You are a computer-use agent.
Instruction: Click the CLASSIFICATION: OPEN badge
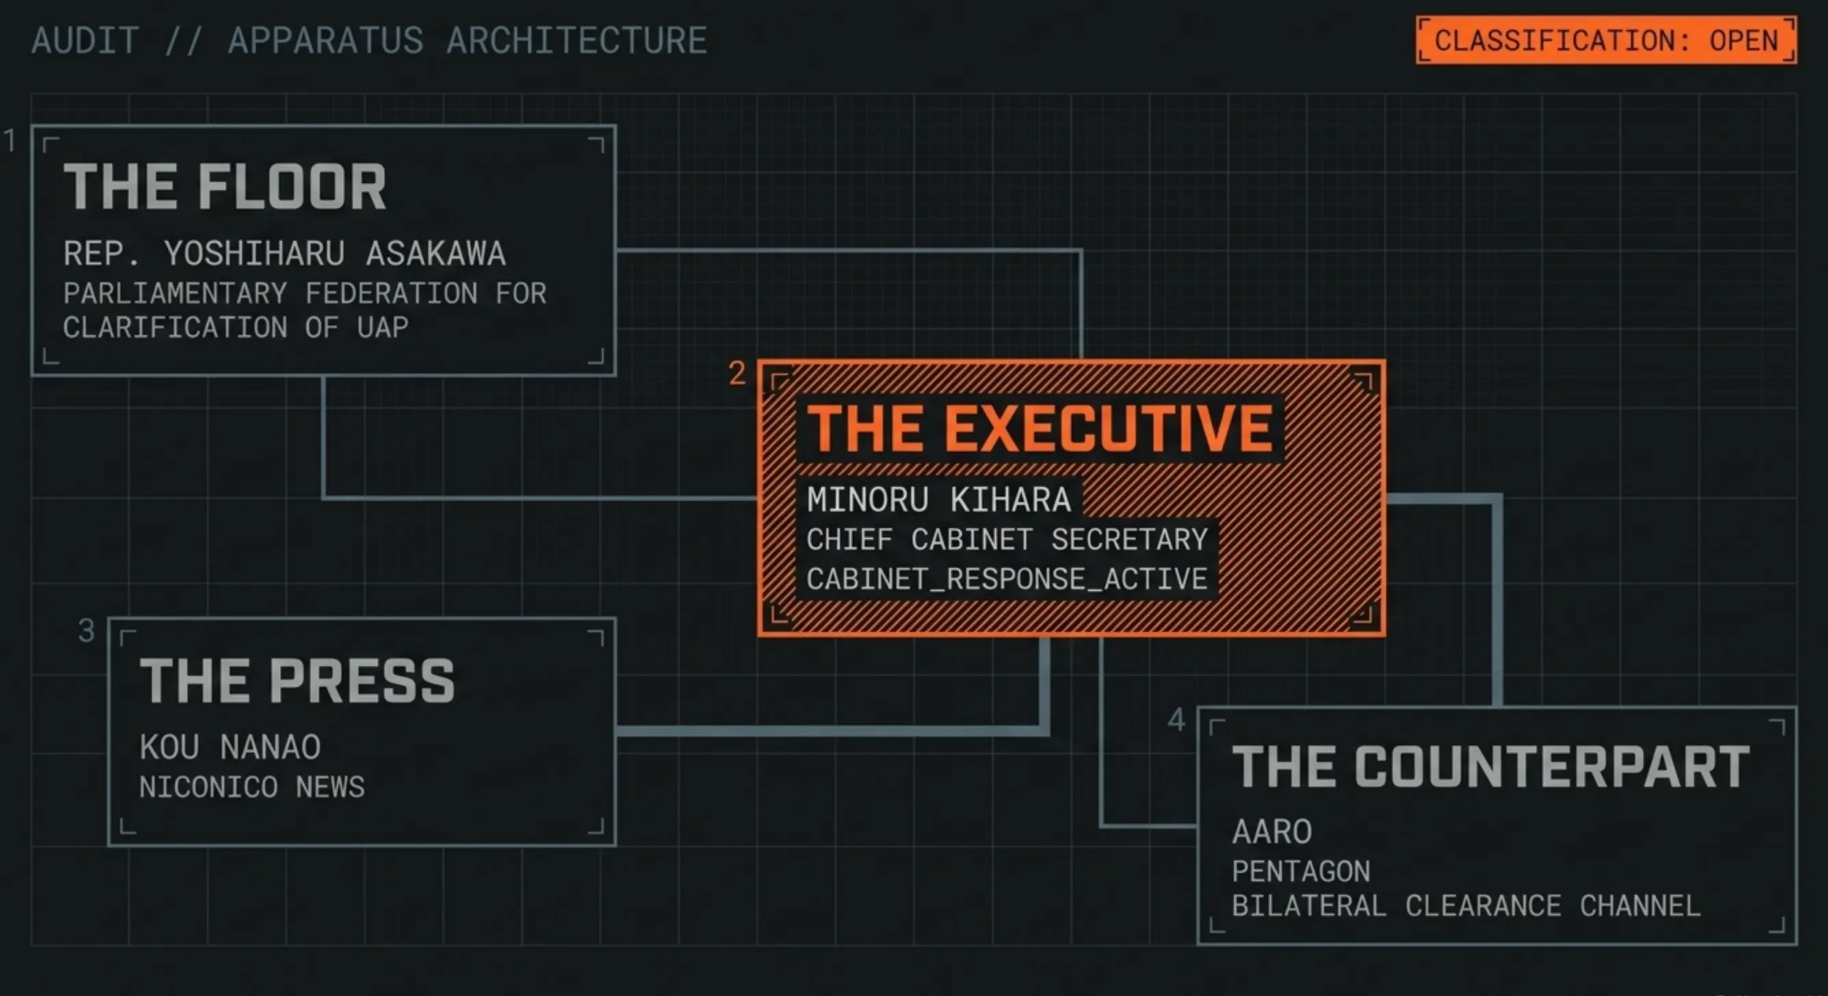click(x=1606, y=40)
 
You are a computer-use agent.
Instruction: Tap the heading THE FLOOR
click(x=225, y=187)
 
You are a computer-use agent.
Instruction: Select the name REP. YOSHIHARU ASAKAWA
click(x=285, y=253)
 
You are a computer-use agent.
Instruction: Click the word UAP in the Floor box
click(x=382, y=328)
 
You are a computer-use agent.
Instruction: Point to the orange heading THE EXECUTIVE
click(x=1041, y=428)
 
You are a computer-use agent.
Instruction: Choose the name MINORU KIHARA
click(x=939, y=499)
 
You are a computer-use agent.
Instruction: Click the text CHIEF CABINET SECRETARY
click(x=1007, y=540)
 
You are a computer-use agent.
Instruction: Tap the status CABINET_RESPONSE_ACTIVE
click(x=1007, y=579)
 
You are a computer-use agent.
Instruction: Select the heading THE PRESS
click(x=298, y=681)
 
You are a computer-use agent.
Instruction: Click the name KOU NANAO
click(x=230, y=747)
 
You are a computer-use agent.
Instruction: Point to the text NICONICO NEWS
click(x=252, y=787)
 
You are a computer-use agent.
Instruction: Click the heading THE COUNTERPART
click(x=1491, y=767)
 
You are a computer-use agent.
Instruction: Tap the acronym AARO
click(x=1272, y=831)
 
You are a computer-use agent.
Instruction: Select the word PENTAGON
click(x=1301, y=871)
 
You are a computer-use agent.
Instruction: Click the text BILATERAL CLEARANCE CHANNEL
click(x=1466, y=906)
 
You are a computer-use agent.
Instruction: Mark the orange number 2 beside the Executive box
click(x=737, y=373)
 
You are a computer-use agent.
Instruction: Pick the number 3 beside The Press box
click(x=86, y=631)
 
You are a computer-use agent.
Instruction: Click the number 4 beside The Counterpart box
click(x=1177, y=720)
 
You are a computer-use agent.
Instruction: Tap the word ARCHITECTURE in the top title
click(x=576, y=40)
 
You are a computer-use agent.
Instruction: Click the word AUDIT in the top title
click(x=85, y=40)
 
